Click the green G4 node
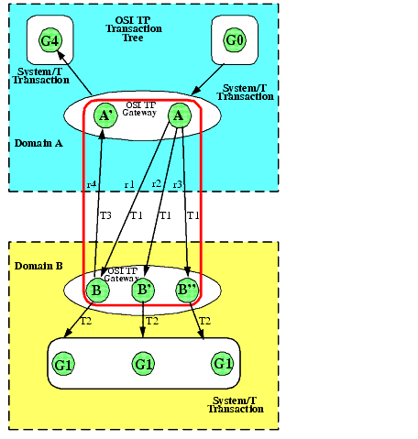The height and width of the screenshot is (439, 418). coord(50,41)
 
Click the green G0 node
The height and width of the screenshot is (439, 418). coord(236,41)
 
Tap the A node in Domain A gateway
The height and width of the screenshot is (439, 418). coord(179,115)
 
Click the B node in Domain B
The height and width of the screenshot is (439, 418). coord(96,291)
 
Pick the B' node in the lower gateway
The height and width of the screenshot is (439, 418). coord(142,291)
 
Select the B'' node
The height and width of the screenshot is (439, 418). coord(188,291)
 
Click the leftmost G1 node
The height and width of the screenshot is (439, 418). coord(64,364)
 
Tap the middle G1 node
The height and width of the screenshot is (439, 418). coord(143,364)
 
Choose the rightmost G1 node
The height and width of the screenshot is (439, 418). coord(223,364)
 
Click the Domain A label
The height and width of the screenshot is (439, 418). coord(38,144)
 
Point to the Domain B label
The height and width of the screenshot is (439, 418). coord(38,266)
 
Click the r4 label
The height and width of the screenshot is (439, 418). coord(91,185)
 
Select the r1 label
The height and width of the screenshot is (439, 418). coord(129,185)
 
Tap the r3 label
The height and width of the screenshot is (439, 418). coord(178,185)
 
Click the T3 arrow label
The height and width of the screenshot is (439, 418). coord(104,216)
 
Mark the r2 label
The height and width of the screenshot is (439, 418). coord(156,185)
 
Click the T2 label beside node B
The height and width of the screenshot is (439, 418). coord(86,322)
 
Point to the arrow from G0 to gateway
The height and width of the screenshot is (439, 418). coord(210,77)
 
